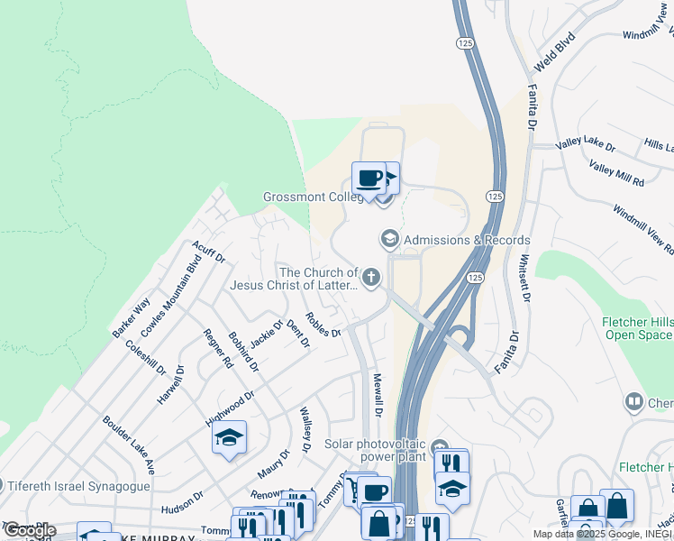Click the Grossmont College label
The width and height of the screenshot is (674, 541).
(x=313, y=197)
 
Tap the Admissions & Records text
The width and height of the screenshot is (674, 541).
(x=467, y=240)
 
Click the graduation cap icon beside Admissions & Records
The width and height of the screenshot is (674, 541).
(x=389, y=239)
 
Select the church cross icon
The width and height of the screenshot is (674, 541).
(x=370, y=278)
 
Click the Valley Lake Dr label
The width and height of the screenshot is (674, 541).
(x=586, y=146)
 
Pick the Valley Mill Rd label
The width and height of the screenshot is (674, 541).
(x=616, y=173)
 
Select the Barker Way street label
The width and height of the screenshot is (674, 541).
(x=131, y=318)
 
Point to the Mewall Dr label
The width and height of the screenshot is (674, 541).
(x=378, y=396)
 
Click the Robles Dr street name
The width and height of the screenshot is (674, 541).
(x=323, y=324)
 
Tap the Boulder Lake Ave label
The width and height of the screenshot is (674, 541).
(x=129, y=445)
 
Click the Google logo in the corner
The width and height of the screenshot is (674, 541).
(x=29, y=530)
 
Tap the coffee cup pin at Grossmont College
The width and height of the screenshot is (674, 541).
(x=367, y=177)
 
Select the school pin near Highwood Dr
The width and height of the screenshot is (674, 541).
(x=229, y=438)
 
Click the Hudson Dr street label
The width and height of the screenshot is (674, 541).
(x=182, y=502)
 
